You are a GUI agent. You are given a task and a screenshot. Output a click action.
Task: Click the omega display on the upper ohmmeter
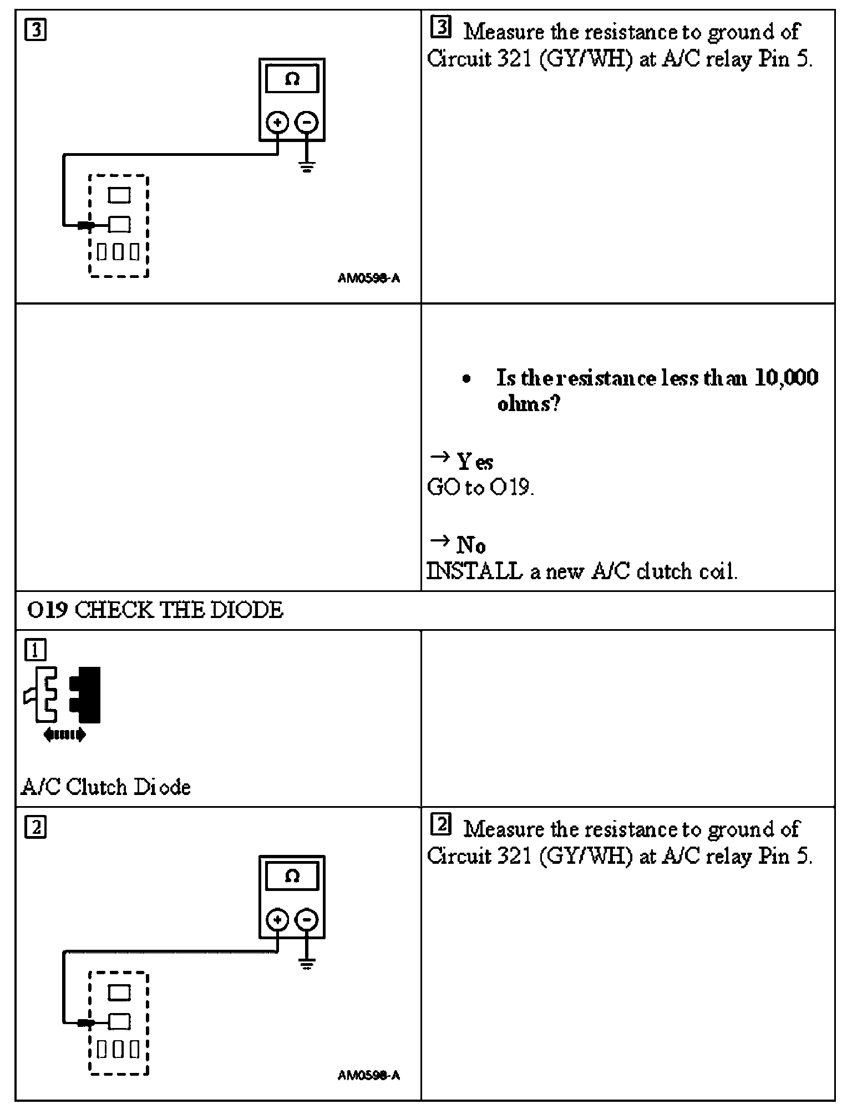pyautogui.click(x=292, y=80)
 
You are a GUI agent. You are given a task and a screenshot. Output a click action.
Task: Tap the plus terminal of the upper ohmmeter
pyautogui.click(x=277, y=122)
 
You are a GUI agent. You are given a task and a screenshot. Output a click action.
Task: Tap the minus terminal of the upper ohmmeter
pyautogui.click(x=307, y=122)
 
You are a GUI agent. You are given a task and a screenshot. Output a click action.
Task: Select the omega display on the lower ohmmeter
pyautogui.click(x=292, y=877)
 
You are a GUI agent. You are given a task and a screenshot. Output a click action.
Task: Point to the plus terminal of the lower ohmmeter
pyautogui.click(x=277, y=919)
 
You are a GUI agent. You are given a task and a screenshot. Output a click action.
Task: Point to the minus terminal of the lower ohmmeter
pyautogui.click(x=307, y=919)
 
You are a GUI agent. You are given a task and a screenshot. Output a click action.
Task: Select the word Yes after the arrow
pyautogui.click(x=475, y=462)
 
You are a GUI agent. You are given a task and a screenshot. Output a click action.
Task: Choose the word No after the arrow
pyautogui.click(x=471, y=545)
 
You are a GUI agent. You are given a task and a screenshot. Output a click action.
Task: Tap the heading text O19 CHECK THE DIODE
pyautogui.click(x=155, y=610)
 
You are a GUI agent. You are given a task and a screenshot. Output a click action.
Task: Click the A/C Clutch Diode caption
pyautogui.click(x=106, y=787)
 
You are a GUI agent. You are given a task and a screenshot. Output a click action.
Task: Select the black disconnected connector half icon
pyautogui.click(x=85, y=695)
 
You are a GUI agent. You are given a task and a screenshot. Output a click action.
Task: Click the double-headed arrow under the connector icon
pyautogui.click(x=64, y=735)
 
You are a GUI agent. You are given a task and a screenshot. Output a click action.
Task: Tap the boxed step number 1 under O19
pyautogui.click(x=35, y=650)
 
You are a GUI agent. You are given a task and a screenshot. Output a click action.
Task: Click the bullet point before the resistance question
pyautogui.click(x=467, y=379)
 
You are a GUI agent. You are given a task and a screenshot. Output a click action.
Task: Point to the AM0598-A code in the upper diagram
pyautogui.click(x=368, y=278)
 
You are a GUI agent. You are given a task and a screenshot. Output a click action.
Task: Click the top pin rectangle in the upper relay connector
pyautogui.click(x=119, y=195)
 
